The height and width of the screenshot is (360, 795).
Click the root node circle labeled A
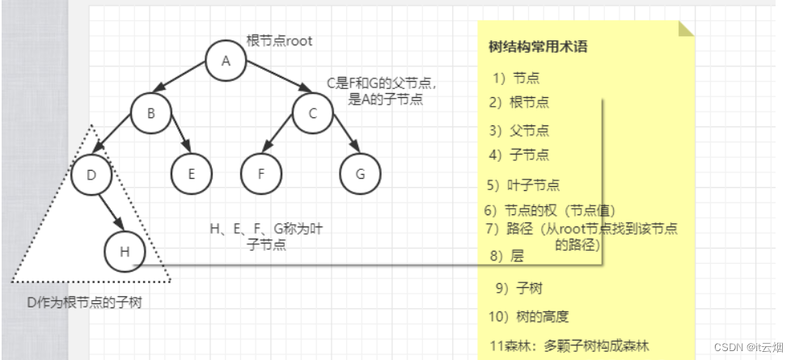tap(226, 61)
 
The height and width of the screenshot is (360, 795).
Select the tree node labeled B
tap(150, 113)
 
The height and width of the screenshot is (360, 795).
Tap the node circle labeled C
tap(312, 113)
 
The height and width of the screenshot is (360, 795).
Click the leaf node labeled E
tap(191, 173)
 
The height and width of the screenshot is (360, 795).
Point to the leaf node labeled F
tap(260, 173)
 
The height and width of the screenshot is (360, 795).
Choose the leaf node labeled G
tap(361, 173)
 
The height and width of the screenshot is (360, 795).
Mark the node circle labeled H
tap(125, 252)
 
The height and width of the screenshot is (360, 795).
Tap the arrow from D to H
tap(109, 213)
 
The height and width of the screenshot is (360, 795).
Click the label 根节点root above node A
tap(279, 40)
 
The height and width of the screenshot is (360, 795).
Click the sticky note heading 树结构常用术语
tap(538, 47)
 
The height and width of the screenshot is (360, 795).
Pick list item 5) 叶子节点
tap(523, 184)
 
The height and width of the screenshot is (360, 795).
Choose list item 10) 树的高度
tap(529, 316)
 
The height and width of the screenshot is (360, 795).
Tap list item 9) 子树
tap(519, 289)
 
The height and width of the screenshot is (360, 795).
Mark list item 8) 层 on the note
tap(507, 256)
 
